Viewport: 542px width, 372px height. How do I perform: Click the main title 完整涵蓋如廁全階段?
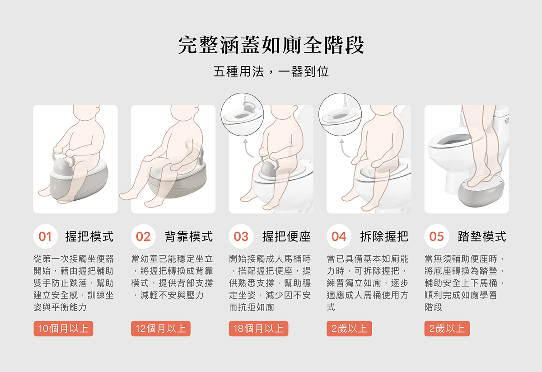[271, 45]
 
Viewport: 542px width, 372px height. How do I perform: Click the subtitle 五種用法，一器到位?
[271, 71]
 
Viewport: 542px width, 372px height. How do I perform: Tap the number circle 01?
[46, 236]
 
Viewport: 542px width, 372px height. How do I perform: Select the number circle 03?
[241, 236]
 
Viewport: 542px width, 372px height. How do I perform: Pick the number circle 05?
[436, 236]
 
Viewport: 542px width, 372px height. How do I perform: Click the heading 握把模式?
[89, 236]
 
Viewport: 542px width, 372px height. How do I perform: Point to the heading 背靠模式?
[189, 236]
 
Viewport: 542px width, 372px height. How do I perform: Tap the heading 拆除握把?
[384, 236]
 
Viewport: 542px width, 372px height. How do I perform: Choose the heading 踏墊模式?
[482, 236]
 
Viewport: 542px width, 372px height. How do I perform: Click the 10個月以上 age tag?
[63, 329]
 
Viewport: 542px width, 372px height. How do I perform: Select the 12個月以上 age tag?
[161, 329]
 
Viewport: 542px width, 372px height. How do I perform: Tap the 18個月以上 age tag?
[258, 329]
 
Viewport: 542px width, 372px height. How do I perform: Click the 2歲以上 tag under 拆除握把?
[349, 329]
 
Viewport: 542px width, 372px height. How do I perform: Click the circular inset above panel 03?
[242, 114]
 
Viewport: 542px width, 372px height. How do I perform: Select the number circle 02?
[143, 236]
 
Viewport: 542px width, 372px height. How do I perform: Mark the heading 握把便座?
[286, 236]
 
